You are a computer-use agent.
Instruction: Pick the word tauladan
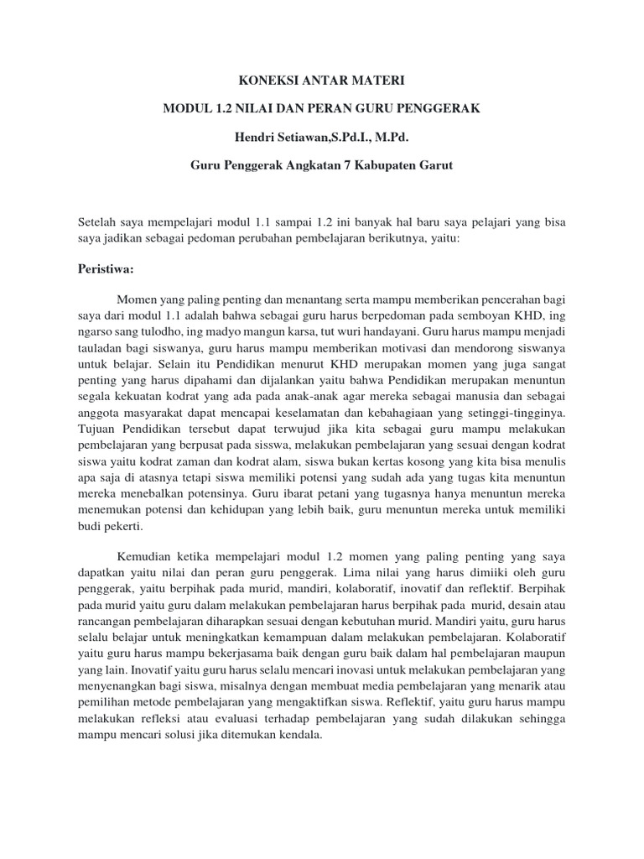(103, 347)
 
